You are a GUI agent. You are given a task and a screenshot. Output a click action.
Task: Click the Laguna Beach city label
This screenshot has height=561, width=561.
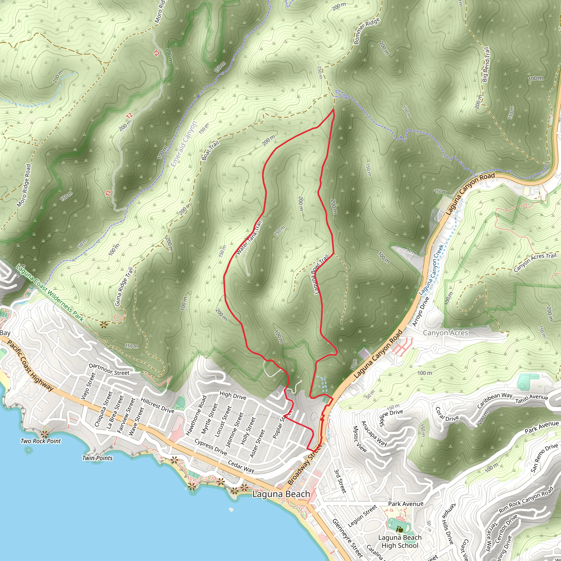[x=281, y=494]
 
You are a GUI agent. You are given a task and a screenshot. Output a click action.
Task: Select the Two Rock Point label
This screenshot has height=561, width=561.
[x=41, y=441]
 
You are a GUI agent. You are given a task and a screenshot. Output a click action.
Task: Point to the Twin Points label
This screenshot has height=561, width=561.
[x=97, y=458]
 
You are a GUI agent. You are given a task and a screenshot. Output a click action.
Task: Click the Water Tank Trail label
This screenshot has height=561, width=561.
[x=249, y=238]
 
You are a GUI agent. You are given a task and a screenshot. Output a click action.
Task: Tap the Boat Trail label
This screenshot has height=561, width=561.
[x=210, y=151]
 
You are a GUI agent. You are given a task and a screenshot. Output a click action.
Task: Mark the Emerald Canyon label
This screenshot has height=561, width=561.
[x=184, y=144]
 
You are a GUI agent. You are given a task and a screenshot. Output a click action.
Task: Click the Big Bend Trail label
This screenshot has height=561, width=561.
[x=486, y=64]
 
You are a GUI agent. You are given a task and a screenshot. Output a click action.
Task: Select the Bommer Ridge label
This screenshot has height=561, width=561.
[x=367, y=31]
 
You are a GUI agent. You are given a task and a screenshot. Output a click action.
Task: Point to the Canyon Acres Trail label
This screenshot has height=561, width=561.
[x=535, y=262]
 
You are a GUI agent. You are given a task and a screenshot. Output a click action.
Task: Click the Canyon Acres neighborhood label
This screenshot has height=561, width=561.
[x=445, y=333]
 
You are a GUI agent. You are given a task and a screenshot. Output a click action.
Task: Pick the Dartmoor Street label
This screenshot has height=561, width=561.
[x=109, y=369]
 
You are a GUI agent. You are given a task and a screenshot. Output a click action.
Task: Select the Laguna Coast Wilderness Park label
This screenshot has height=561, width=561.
[x=50, y=293]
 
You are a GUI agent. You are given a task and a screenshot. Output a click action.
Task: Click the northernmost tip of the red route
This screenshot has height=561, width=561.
[x=334, y=109]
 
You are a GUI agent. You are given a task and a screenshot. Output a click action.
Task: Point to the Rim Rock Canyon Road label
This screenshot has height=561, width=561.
[x=526, y=500]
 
